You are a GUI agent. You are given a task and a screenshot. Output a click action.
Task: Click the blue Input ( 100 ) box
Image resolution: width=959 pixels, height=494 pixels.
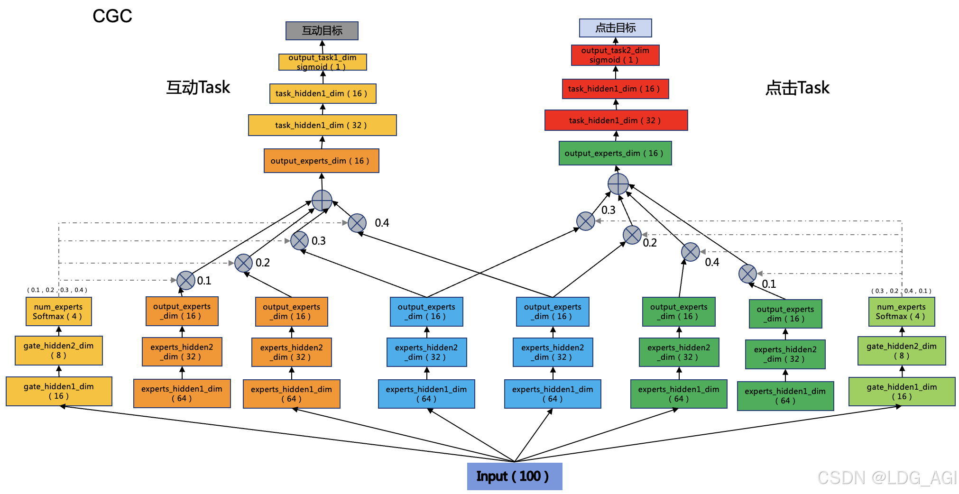click(514, 476)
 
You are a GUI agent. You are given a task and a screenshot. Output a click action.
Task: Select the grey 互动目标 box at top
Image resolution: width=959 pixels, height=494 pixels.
click(322, 31)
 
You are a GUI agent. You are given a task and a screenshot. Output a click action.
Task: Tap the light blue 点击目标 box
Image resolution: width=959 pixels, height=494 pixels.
click(615, 28)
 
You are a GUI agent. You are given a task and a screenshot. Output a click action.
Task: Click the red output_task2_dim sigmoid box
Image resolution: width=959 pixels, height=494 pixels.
click(615, 55)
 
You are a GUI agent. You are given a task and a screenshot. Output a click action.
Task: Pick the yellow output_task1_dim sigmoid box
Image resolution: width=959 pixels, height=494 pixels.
click(323, 62)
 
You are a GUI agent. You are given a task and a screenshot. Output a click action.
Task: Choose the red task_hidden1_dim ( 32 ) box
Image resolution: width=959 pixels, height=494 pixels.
click(616, 120)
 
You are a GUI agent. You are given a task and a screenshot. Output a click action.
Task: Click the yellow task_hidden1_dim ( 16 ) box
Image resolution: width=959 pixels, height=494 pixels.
click(323, 93)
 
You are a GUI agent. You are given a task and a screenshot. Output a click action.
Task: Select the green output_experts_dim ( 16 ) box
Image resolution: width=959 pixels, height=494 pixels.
click(615, 153)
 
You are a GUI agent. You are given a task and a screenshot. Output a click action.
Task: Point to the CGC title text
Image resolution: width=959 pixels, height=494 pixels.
click(112, 16)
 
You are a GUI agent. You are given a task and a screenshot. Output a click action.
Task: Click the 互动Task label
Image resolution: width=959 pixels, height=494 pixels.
click(198, 88)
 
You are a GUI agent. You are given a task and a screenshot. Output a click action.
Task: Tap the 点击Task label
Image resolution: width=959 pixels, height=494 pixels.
click(797, 88)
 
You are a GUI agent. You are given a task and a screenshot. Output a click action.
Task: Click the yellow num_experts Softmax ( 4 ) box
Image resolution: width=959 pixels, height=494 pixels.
click(58, 311)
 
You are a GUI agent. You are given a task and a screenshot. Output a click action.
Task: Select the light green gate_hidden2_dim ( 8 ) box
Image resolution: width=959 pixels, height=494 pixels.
click(901, 351)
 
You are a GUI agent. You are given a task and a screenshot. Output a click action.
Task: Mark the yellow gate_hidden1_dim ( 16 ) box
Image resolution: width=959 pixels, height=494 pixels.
click(59, 391)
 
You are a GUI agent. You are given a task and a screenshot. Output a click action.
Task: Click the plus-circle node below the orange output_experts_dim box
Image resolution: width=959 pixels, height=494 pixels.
click(322, 200)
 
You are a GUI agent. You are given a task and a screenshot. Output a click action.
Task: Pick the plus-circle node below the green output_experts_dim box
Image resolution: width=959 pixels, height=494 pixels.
click(618, 184)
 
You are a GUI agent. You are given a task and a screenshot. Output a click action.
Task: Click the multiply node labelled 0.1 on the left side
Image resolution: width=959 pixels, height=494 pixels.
click(186, 280)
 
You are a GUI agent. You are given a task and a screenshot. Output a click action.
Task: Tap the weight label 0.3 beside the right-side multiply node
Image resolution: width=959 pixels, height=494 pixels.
click(608, 210)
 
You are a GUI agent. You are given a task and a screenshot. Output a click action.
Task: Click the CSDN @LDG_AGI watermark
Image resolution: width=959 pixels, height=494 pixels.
click(887, 477)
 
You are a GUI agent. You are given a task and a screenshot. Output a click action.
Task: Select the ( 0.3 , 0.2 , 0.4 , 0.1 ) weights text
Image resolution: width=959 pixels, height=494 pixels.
click(901, 291)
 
